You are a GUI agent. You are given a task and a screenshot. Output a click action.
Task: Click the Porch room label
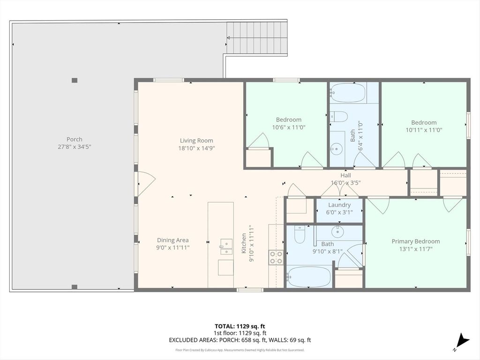[x=75, y=139]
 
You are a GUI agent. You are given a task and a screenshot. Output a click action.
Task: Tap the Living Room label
[x=196, y=141]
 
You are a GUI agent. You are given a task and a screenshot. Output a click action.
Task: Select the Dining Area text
[x=172, y=240]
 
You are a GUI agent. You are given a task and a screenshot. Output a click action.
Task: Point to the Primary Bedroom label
[x=416, y=241]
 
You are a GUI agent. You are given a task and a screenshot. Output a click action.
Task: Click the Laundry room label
[x=339, y=205]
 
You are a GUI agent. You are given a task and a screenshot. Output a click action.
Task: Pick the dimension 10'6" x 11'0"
[x=289, y=127]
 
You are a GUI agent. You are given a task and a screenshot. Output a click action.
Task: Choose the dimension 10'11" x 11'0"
[x=424, y=130]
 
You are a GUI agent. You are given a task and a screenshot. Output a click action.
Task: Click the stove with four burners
[x=276, y=257]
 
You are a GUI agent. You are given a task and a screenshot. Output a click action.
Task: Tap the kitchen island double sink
[x=226, y=247]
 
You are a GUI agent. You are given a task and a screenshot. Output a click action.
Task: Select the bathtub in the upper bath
[x=348, y=93]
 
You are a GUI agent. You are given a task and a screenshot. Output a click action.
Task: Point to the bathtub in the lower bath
[x=309, y=277]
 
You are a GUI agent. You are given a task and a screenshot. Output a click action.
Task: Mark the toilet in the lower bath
[x=300, y=234]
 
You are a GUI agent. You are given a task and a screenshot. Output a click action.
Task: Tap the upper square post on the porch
[x=75, y=81]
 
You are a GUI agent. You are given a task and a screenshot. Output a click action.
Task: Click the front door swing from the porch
[x=147, y=184]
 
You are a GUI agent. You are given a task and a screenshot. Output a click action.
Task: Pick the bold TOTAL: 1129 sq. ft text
[x=238, y=326]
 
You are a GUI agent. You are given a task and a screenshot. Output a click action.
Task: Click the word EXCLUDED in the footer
[x=182, y=340]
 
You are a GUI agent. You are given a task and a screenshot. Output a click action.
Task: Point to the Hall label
[x=345, y=175]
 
